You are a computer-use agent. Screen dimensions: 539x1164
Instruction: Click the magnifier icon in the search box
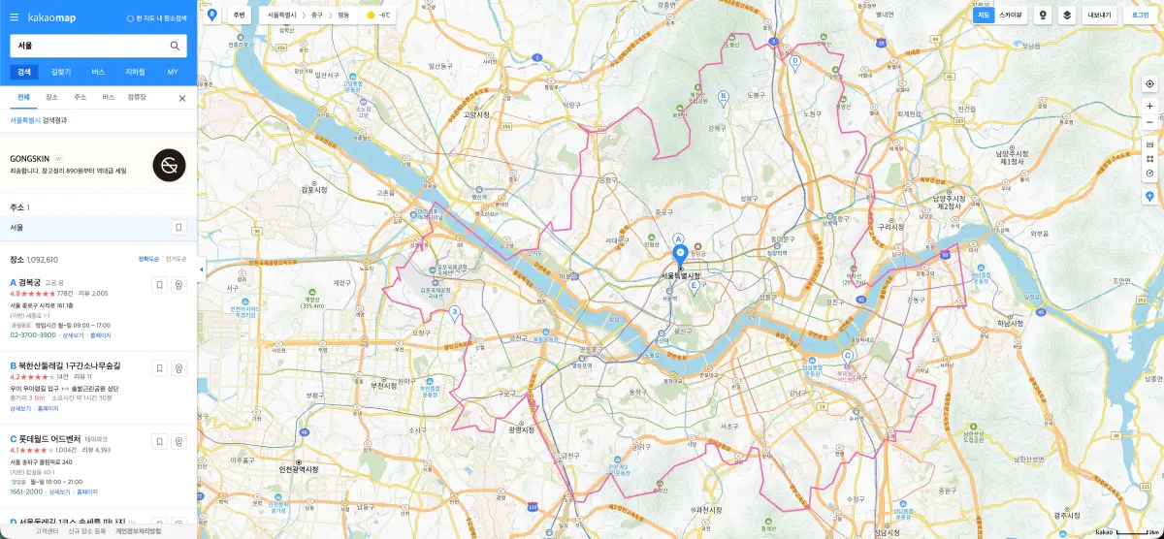click(175, 46)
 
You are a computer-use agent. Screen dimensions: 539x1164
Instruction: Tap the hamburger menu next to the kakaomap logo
click(15, 17)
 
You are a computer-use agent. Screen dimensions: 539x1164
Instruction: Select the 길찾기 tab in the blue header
click(61, 72)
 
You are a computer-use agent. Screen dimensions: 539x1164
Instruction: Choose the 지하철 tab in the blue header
click(135, 72)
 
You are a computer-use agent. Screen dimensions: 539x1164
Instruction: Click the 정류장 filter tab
click(137, 98)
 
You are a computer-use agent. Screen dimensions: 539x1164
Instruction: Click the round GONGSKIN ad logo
click(169, 166)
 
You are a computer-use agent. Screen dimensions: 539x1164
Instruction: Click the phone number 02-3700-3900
click(33, 335)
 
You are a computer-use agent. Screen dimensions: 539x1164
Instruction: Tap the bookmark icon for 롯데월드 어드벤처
click(159, 441)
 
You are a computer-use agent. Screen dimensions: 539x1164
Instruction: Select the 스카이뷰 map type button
click(1011, 16)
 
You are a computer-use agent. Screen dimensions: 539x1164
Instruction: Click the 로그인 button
click(1140, 16)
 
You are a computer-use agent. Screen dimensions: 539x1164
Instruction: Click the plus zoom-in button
click(1149, 106)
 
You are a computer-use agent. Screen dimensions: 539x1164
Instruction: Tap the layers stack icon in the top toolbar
click(1067, 16)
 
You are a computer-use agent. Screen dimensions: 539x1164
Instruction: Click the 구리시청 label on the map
click(890, 227)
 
